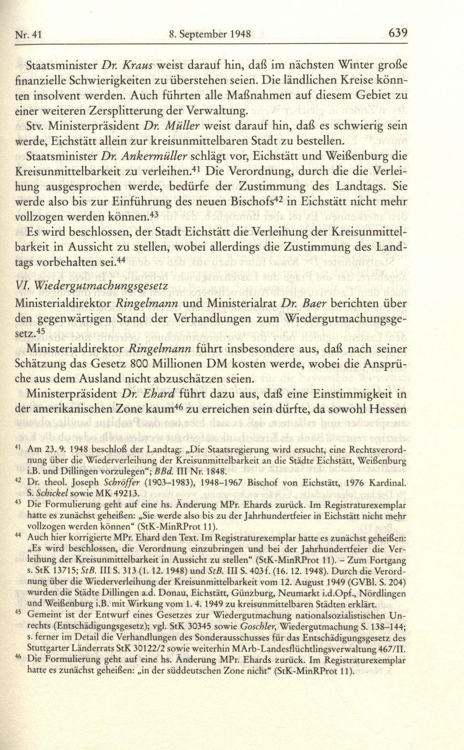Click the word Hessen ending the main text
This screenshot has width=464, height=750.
pyautogui.click(x=389, y=410)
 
